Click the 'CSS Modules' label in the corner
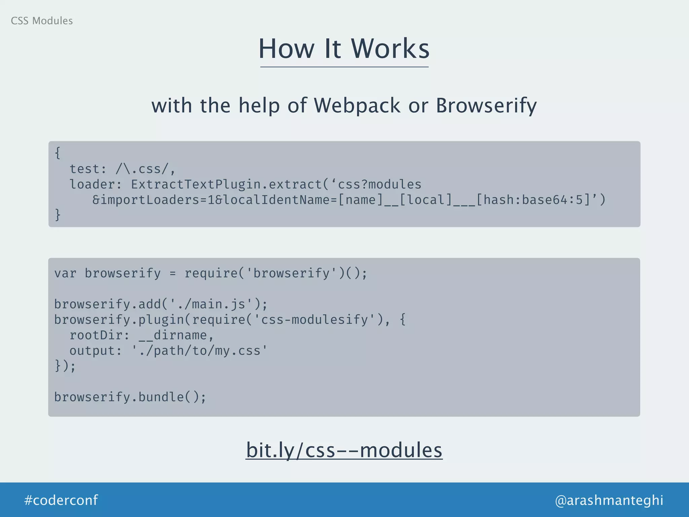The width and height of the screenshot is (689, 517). point(42,21)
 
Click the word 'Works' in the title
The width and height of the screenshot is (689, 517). point(390,49)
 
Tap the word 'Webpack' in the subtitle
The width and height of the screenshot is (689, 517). point(357,105)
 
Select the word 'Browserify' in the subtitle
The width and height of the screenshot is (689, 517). point(486,106)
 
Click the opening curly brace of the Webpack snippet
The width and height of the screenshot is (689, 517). point(58,153)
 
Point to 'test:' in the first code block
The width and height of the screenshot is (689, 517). point(88,169)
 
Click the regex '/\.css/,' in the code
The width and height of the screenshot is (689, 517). point(145,169)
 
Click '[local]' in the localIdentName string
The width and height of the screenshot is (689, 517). point(425,200)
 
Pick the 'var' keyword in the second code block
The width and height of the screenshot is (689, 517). point(65,273)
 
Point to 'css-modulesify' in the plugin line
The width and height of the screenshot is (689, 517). point(315,320)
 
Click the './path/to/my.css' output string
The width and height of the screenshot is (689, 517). point(199,351)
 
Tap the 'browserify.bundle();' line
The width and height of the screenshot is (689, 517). point(130,397)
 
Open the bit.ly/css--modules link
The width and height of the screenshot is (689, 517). point(344,450)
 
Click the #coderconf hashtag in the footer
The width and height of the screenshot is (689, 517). point(61,500)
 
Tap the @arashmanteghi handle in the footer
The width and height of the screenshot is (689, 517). point(609,500)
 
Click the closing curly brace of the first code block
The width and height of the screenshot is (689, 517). point(58,215)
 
